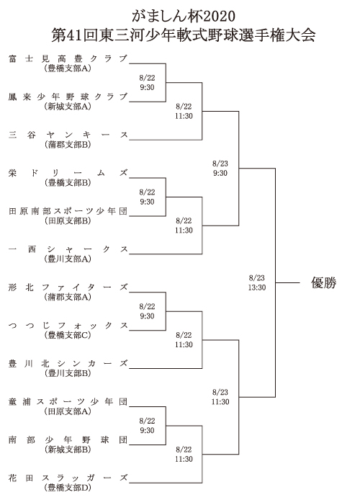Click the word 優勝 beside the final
pyautogui.click(x=323, y=282)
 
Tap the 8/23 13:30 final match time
pyautogui.click(x=257, y=282)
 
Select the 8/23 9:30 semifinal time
pyautogui.click(x=220, y=169)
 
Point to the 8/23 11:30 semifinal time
pyautogui.click(x=220, y=397)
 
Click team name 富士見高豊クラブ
pyautogui.click(x=68, y=58)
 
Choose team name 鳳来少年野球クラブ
pyautogui.click(x=68, y=97)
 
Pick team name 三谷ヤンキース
pyautogui.click(x=68, y=135)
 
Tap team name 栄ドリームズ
pyautogui.click(x=68, y=173)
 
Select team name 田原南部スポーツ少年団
pyautogui.click(x=68, y=211)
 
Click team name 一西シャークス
pyautogui.click(x=68, y=249)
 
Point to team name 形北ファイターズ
pyautogui.click(x=68, y=287)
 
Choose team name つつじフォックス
pyautogui.click(x=68, y=325)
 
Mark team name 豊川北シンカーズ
pyautogui.click(x=68, y=364)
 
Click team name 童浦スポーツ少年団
pyautogui.click(x=68, y=401)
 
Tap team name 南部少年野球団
pyautogui.click(x=68, y=439)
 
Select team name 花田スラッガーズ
pyautogui.click(x=68, y=478)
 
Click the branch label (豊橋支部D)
pyautogui.click(x=68, y=488)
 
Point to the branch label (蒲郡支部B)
pyautogui.click(x=68, y=144)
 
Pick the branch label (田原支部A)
pyautogui.click(x=68, y=411)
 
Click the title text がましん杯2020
pyautogui.click(x=184, y=16)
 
